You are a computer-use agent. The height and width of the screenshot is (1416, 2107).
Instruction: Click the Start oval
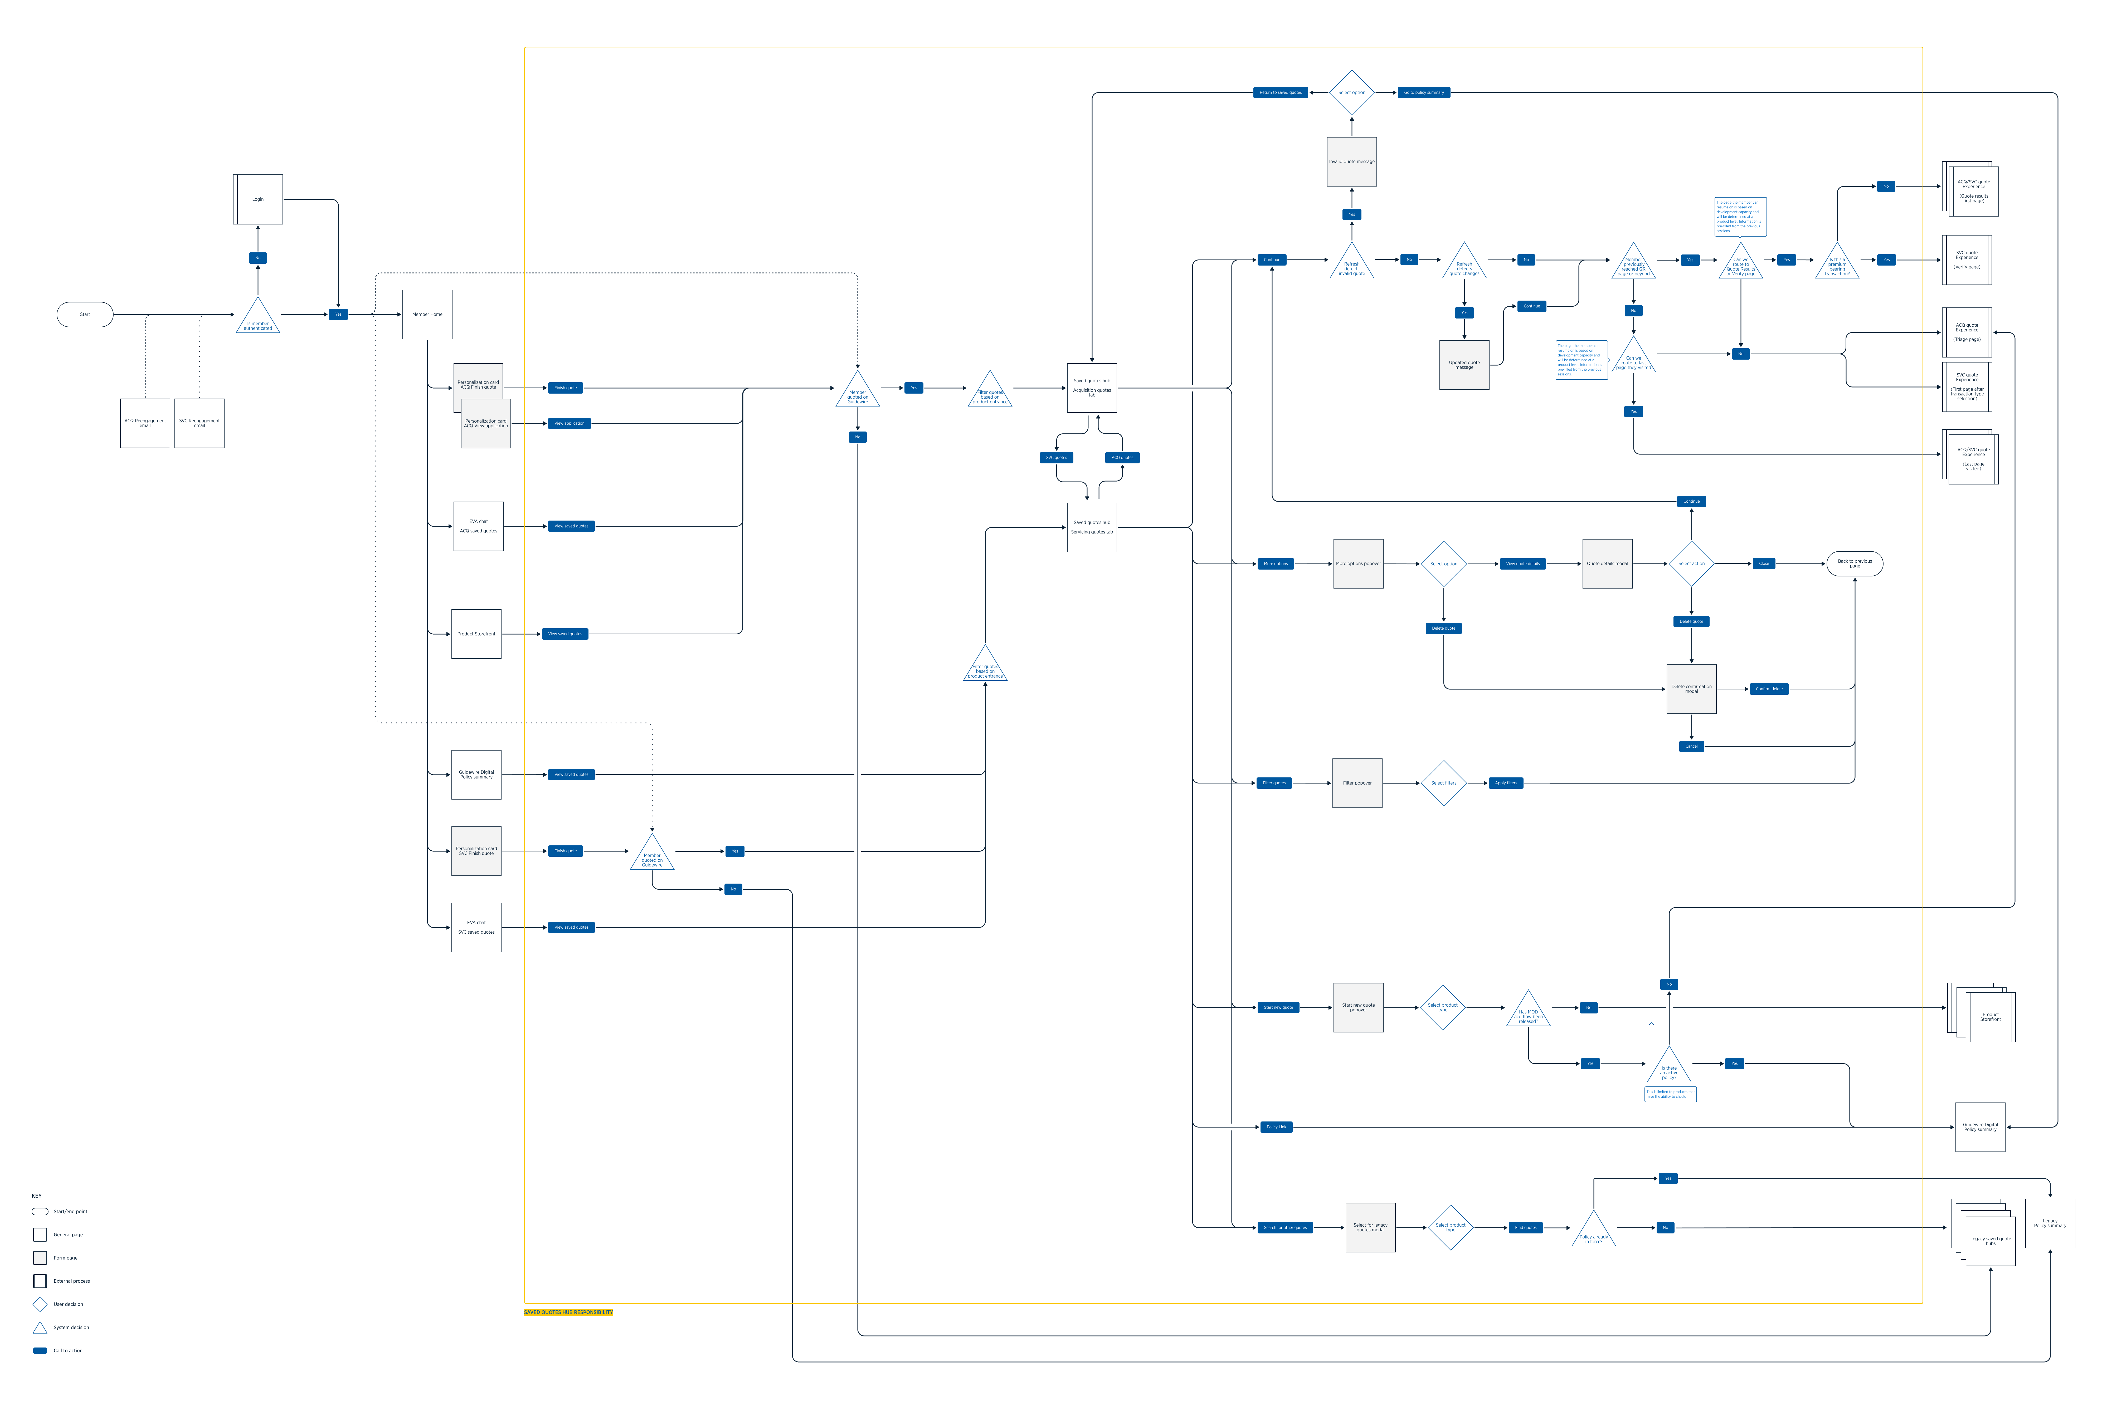click(x=85, y=314)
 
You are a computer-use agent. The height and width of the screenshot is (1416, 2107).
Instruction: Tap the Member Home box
click(x=427, y=314)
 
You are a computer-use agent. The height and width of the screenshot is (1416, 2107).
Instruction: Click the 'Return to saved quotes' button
click(x=1280, y=92)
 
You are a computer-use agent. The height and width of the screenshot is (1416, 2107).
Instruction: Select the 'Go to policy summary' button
click(x=1423, y=92)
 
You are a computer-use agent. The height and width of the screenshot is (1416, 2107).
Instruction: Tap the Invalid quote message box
click(x=1351, y=162)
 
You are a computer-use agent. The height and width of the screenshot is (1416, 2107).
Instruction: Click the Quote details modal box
click(x=1607, y=564)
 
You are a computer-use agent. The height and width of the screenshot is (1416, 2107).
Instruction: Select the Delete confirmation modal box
click(x=1691, y=689)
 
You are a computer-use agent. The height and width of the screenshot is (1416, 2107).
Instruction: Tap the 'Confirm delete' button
click(x=1768, y=689)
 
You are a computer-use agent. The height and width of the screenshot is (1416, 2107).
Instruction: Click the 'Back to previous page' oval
click(x=1854, y=564)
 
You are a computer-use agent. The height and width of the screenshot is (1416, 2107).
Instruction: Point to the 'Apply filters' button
click(x=1506, y=783)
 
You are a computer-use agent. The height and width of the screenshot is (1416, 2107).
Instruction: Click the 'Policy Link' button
click(x=1275, y=1127)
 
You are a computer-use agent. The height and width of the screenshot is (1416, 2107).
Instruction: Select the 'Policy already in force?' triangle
click(x=1593, y=1233)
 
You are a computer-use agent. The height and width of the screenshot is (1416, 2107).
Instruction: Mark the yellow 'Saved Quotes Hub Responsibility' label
click(x=568, y=1312)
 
